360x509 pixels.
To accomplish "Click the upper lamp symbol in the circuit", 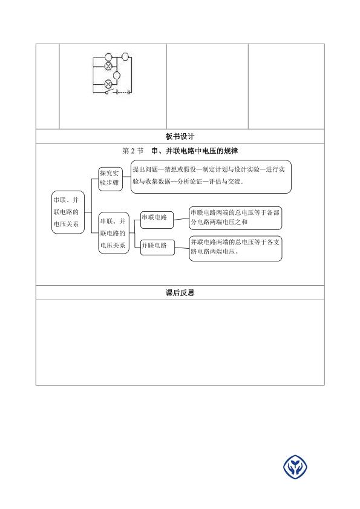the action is (108, 66).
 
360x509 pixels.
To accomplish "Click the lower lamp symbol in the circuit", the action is (108, 84).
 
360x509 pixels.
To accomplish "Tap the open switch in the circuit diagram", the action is (110, 91).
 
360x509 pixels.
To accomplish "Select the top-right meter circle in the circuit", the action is (125, 57).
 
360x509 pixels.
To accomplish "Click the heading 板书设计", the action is (180, 137).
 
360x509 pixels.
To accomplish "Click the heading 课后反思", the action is (180, 293).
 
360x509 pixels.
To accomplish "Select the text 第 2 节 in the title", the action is (133, 151).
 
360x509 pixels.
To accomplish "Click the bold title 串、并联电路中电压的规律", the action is (195, 151).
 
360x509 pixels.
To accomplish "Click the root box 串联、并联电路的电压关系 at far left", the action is (68, 212).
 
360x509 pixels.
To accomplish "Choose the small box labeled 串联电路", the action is (157, 220).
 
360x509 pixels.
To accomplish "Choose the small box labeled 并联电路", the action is (157, 248).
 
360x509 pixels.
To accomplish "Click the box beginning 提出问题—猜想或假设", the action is (211, 177).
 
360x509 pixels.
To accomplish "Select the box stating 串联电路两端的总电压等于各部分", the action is (235, 218).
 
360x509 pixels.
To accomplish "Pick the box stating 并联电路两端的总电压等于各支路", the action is (236, 249).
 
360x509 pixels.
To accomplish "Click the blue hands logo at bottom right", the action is (295, 467).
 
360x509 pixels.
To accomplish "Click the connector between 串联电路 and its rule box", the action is (181, 219).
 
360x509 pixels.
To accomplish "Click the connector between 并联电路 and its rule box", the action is (182, 248).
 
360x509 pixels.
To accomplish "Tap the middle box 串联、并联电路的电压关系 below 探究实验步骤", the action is (114, 233).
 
